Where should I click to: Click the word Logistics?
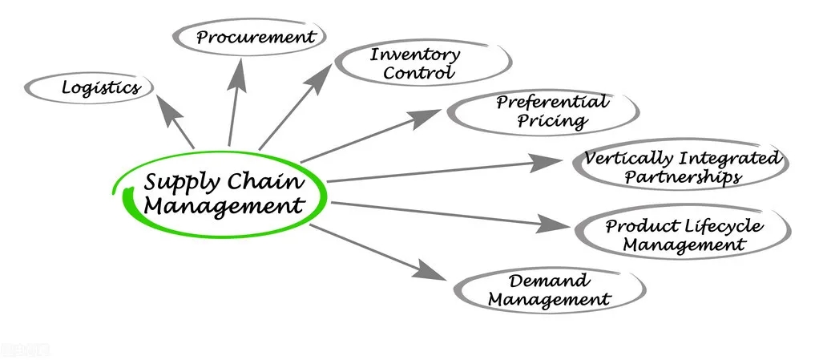pos(101,87)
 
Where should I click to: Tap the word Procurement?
pos(256,37)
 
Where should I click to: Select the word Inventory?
pos(414,55)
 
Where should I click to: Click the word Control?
pos(418,73)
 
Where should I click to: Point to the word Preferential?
pos(551,102)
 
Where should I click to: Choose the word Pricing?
pos(551,121)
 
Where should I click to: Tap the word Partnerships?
pos(682,176)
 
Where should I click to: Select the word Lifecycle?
pos(724,226)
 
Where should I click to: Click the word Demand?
pos(550,281)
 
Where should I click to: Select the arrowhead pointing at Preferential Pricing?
pos(429,116)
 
